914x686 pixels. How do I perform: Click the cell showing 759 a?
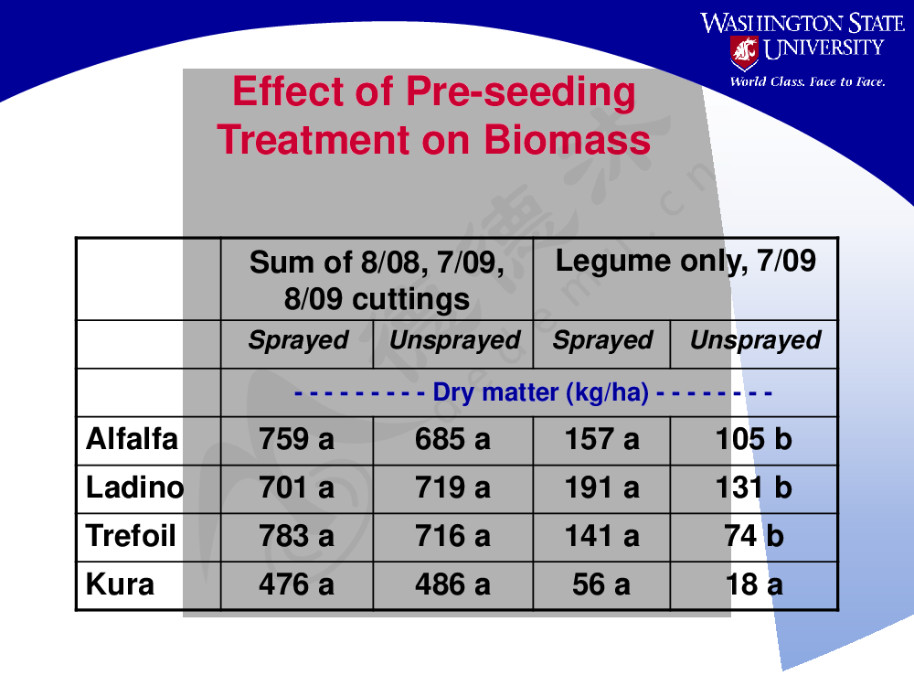(296, 440)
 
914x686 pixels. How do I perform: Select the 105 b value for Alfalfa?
(753, 440)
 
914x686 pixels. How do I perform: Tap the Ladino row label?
(134, 488)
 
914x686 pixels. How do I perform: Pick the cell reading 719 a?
(452, 488)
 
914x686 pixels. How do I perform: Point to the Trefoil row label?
(131, 536)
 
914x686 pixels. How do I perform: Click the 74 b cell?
(754, 537)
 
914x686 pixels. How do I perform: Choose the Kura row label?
(120, 584)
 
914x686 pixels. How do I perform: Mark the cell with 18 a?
(754, 585)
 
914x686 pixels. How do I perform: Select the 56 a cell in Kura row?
(601, 585)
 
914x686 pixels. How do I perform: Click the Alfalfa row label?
(132, 439)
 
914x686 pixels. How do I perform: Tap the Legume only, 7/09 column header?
(685, 262)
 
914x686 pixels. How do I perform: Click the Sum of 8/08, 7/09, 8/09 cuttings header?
(377, 280)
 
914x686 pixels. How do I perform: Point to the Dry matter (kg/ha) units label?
(540, 392)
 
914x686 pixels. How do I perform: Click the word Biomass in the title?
(567, 141)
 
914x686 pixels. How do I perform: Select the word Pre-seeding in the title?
(521, 92)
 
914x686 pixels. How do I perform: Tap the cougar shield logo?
(744, 52)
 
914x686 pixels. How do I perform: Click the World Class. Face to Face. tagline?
(807, 81)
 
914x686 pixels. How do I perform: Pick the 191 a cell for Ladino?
(601, 488)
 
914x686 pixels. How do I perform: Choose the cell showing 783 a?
(296, 537)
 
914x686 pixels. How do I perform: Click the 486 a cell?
(452, 585)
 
